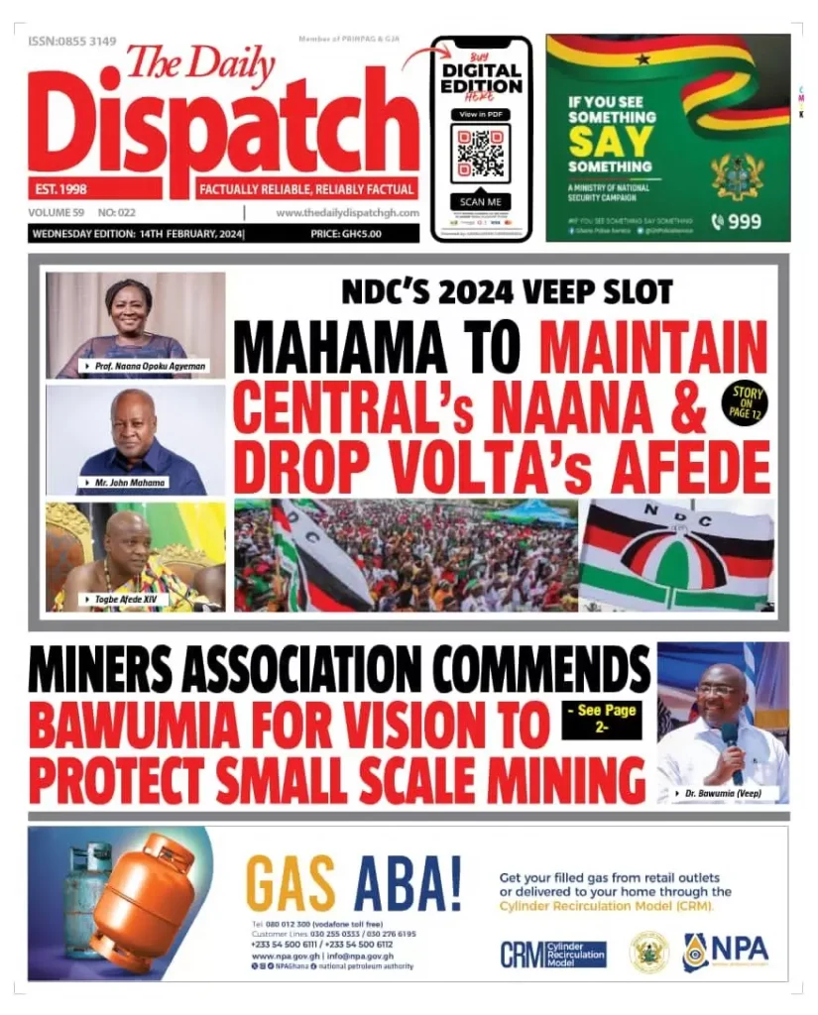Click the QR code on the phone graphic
pyautogui.click(x=481, y=154)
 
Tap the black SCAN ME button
pyautogui.click(x=481, y=201)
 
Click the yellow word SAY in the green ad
pyautogui.click(x=596, y=142)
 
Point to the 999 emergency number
pyautogui.click(x=736, y=222)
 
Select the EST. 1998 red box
pyautogui.click(x=94, y=188)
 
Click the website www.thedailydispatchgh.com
pyautogui.click(x=347, y=212)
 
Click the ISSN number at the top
pyautogui.click(x=72, y=42)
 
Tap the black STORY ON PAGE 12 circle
pyautogui.click(x=746, y=401)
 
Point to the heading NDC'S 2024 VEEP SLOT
pyautogui.click(x=507, y=291)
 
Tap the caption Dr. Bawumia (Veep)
pyautogui.click(x=729, y=793)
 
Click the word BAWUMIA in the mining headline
pyautogui.click(x=127, y=729)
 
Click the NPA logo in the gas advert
pyautogui.click(x=725, y=953)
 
